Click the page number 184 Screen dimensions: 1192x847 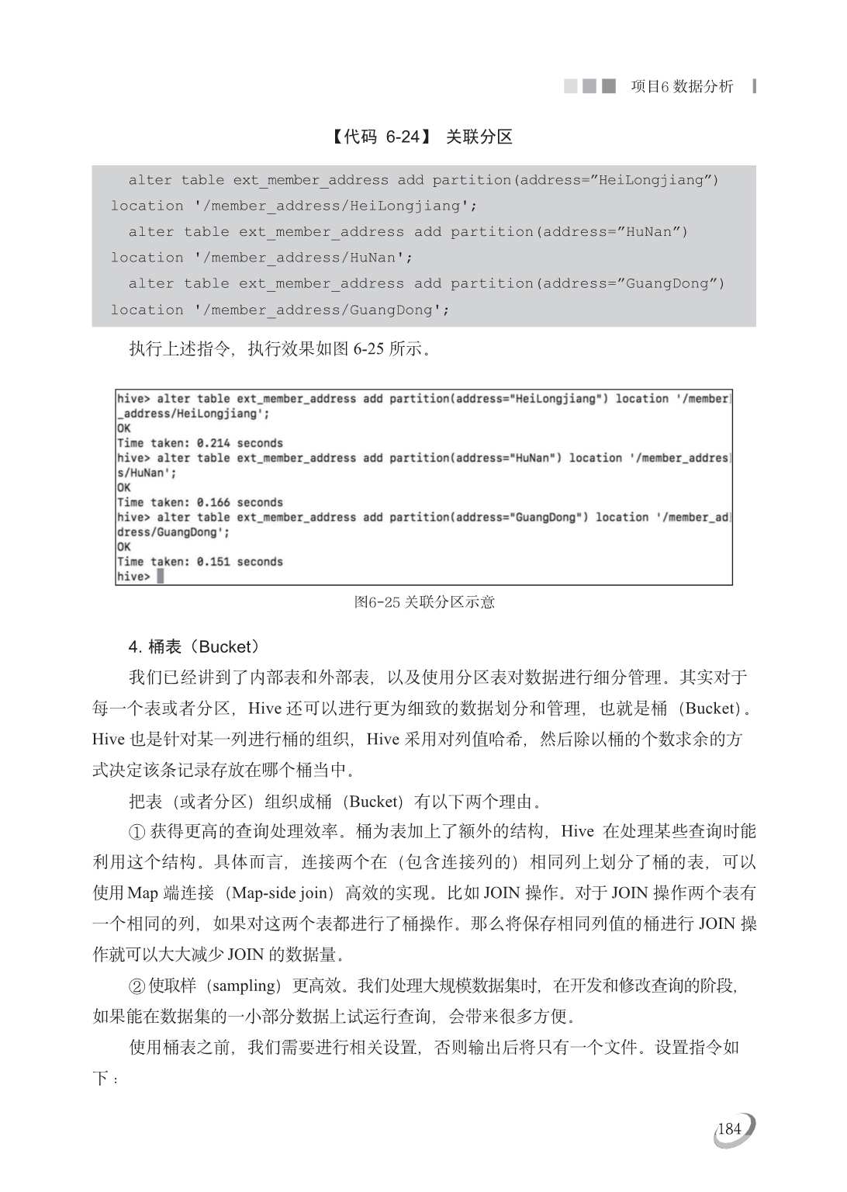(x=730, y=1129)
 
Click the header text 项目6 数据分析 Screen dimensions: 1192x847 (x=682, y=86)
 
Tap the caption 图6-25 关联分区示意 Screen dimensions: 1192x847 (x=424, y=602)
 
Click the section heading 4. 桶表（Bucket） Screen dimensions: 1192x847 (x=194, y=646)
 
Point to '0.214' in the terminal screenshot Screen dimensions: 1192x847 (x=213, y=443)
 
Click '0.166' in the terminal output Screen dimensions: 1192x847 (x=213, y=502)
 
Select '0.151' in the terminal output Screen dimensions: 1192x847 (x=213, y=562)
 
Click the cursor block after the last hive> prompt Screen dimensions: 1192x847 (x=161, y=577)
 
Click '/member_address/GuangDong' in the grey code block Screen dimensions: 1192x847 (x=322, y=310)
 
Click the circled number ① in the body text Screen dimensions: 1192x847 (x=137, y=832)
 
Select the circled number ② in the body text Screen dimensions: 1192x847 (x=137, y=986)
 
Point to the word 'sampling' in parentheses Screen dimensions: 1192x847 (x=242, y=986)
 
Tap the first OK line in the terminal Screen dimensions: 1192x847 (x=124, y=428)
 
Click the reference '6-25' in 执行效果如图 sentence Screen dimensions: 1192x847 (x=368, y=348)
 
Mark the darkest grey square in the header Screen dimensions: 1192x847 (x=609, y=85)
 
